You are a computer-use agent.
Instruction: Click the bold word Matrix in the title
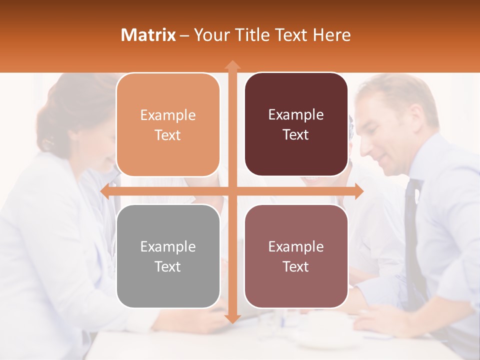(x=148, y=35)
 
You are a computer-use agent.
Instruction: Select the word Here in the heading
(x=331, y=35)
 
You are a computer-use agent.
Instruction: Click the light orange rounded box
(x=168, y=124)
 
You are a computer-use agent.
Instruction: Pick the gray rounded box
(x=168, y=256)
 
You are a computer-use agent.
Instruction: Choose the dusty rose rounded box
(x=296, y=256)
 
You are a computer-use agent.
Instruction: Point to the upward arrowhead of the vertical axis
(x=232, y=65)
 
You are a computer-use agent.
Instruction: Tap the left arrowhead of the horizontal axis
(x=105, y=191)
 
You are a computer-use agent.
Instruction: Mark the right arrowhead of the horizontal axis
(x=358, y=191)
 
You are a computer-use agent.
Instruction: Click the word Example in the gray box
(x=168, y=246)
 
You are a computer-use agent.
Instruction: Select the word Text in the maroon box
(x=296, y=134)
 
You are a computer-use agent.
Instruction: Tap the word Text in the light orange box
(x=168, y=135)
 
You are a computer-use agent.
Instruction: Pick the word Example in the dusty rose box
(x=296, y=246)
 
